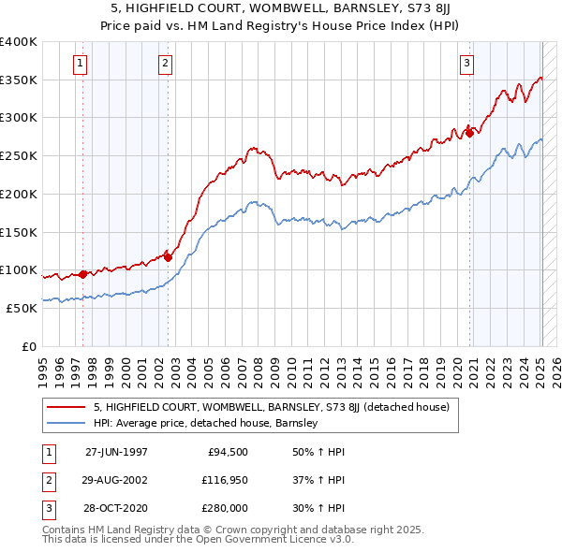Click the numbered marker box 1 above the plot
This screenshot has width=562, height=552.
[x=80, y=64]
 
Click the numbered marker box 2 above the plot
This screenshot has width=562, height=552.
[x=165, y=64]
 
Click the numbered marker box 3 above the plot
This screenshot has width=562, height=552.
[x=466, y=64]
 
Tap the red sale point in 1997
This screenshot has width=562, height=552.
[x=83, y=274]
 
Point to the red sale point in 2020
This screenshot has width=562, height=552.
[x=469, y=133]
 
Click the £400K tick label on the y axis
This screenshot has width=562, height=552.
[x=18, y=42]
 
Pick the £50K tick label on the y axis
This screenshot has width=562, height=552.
[x=21, y=308]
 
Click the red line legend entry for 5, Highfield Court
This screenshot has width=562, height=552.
[x=272, y=407]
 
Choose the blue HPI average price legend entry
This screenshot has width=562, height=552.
[x=206, y=423]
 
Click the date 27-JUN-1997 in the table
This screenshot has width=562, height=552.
[x=116, y=452]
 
